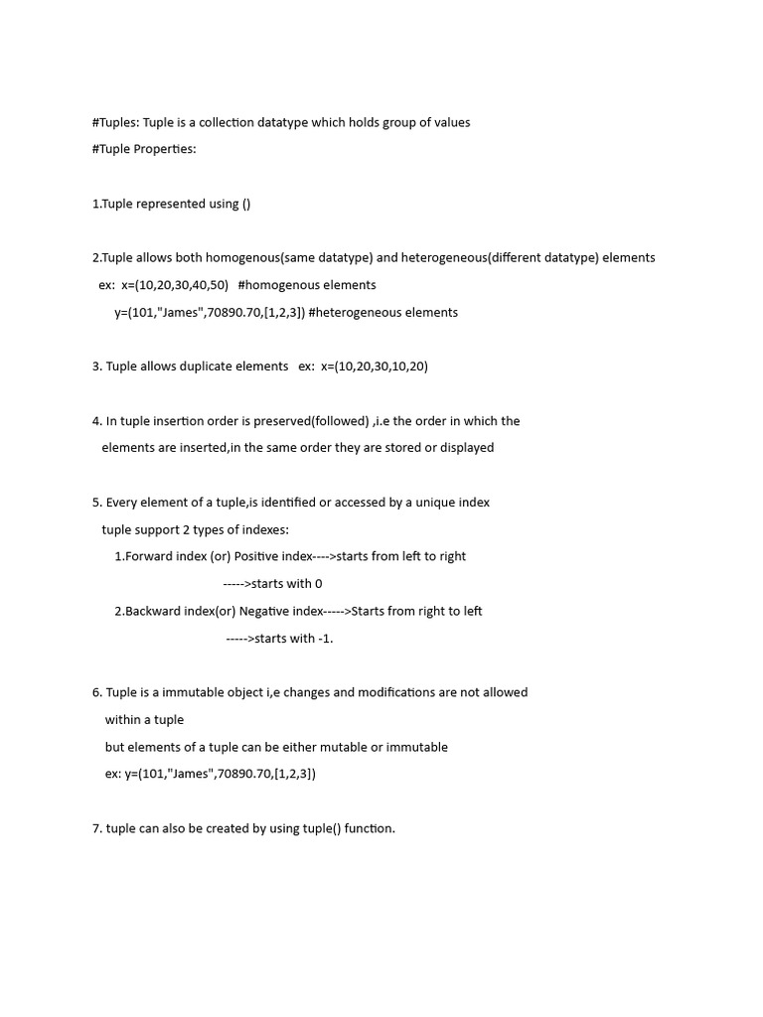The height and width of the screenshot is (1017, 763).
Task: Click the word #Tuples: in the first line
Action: tap(115, 122)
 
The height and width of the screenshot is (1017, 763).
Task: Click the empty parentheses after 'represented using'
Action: tap(246, 204)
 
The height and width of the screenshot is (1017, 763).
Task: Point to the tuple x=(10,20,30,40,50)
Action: tap(175, 285)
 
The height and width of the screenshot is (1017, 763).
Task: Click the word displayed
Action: tap(462, 448)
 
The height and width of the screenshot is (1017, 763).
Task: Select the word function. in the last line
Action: tap(370, 828)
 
